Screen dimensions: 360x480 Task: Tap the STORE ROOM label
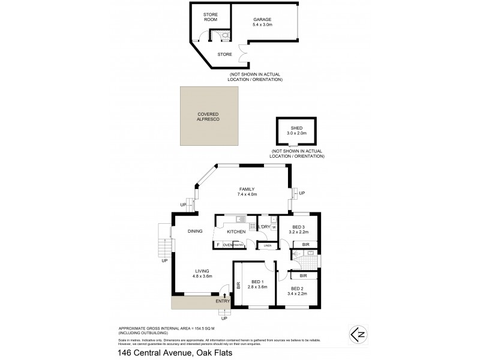[210, 16]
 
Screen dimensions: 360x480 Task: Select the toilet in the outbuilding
[225, 35]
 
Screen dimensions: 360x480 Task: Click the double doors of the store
[241, 55]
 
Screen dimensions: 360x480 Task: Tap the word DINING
[195, 231]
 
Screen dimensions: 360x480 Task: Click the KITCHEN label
[235, 231]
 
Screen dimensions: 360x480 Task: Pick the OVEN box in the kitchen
[227, 245]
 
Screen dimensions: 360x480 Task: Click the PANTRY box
[238, 245]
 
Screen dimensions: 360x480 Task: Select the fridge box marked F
[217, 245]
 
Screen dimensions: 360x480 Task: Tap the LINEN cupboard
[267, 245]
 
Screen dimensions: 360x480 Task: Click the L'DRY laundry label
[263, 227]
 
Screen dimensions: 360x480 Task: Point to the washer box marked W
[273, 227]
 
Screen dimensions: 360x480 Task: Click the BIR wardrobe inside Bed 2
[303, 275]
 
